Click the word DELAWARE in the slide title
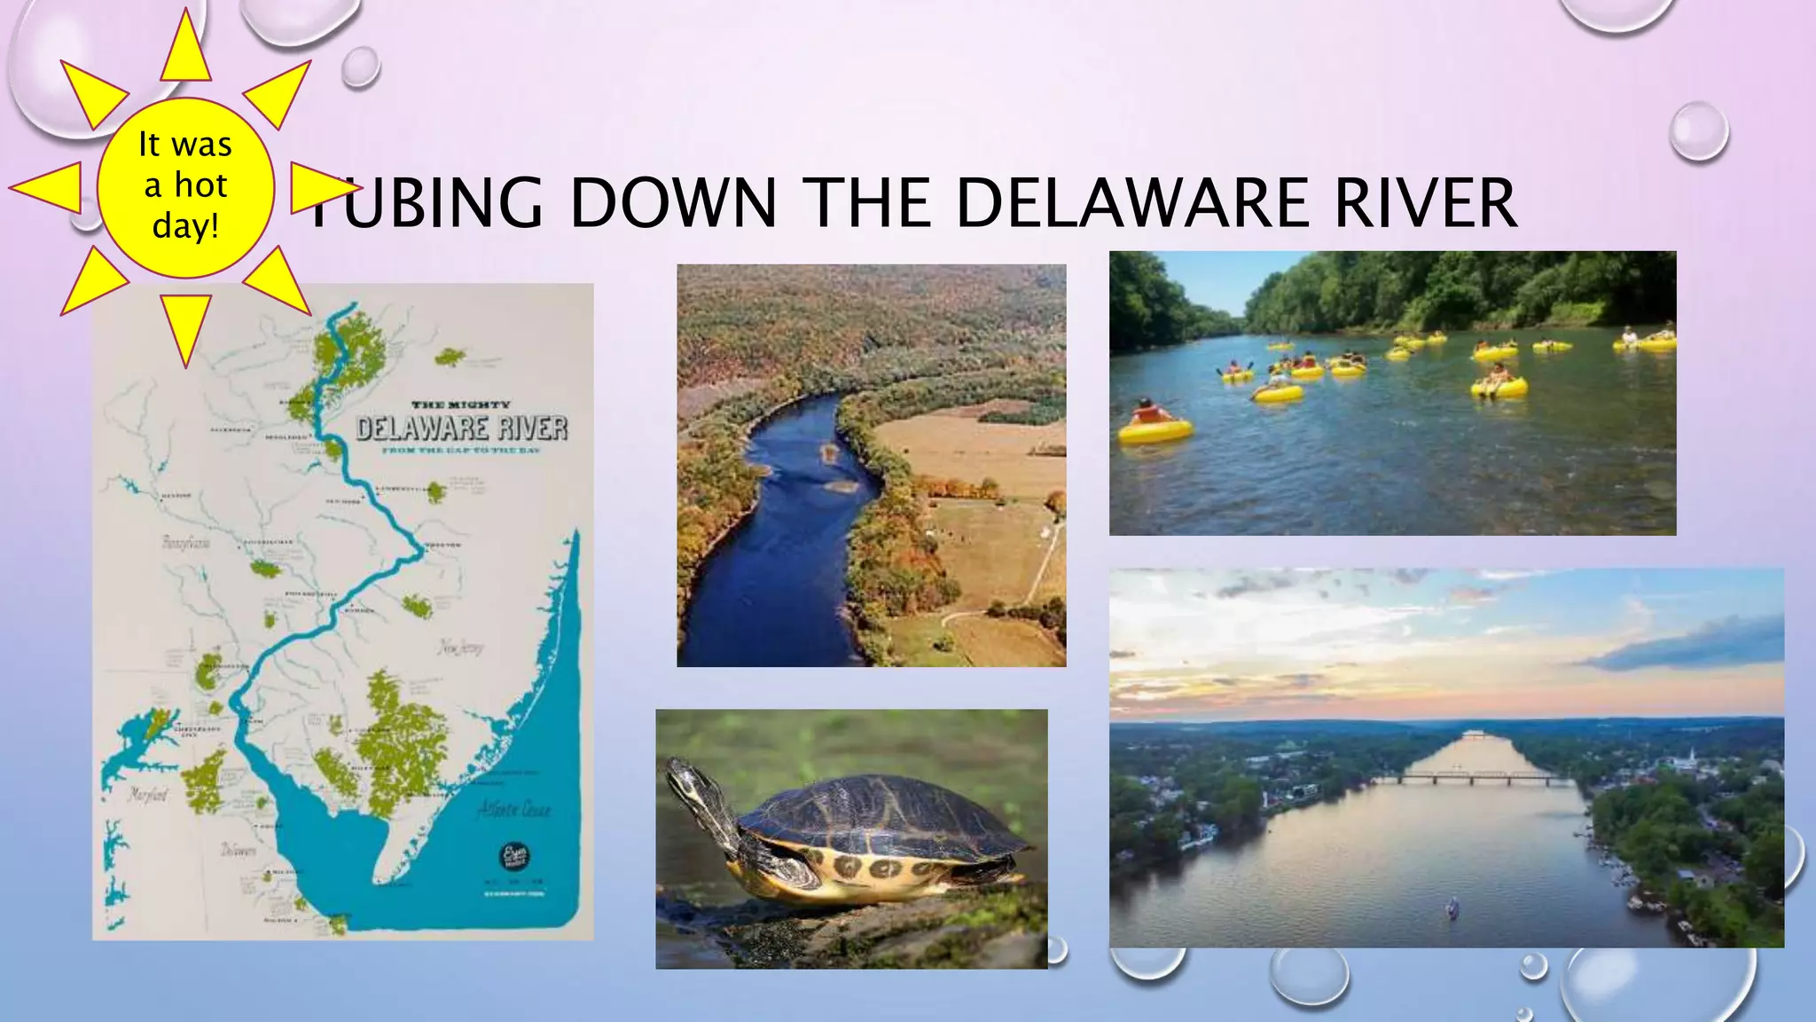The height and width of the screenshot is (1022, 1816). click(1131, 203)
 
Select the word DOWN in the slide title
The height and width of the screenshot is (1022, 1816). click(673, 203)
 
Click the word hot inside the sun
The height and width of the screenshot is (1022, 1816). click(201, 185)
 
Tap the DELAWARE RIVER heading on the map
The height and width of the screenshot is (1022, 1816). click(461, 428)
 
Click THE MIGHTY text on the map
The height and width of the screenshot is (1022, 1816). click(460, 405)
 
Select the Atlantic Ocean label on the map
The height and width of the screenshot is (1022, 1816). click(514, 809)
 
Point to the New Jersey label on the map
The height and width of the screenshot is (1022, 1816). click(461, 648)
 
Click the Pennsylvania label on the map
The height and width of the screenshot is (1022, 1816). click(186, 542)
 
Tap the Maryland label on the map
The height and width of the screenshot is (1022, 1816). click(147, 794)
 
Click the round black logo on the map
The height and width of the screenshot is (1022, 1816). click(515, 856)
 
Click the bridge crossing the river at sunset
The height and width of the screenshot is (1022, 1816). click(1472, 779)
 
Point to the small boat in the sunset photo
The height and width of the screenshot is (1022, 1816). click(1452, 907)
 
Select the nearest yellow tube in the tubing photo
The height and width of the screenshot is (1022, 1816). click(1155, 429)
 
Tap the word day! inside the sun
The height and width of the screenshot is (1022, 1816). click(185, 225)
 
